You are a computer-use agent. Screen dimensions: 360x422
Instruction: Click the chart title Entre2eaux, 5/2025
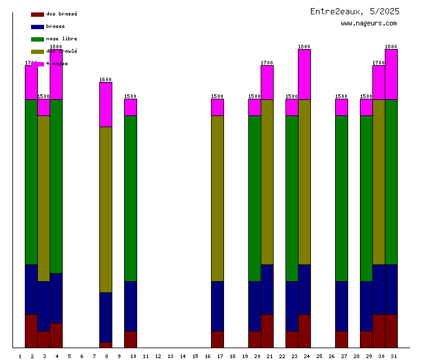[355, 11]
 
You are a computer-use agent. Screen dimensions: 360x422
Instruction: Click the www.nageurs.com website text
[369, 23]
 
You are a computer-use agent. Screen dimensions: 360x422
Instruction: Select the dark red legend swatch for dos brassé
[37, 14]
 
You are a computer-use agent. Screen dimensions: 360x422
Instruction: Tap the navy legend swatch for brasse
[37, 27]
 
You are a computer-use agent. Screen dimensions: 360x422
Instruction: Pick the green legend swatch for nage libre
[37, 39]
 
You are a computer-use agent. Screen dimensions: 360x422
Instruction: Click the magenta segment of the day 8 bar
[105, 104]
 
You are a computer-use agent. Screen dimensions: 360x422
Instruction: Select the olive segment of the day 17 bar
[217, 198]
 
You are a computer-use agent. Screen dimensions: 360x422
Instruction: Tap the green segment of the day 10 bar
[130, 198]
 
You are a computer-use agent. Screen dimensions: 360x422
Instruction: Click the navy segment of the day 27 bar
[341, 306]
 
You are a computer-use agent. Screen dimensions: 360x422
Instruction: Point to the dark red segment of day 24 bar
[304, 331]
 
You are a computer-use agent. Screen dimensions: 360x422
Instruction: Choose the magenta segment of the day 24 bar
[304, 74]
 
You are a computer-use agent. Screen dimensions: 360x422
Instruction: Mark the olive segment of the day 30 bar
[379, 182]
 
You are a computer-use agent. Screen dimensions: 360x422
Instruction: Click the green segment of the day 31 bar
[391, 182]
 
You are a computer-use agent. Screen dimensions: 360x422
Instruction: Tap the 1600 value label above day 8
[105, 79]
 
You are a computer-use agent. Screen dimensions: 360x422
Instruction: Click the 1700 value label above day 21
[267, 63]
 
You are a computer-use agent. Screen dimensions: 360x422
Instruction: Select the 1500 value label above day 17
[217, 96]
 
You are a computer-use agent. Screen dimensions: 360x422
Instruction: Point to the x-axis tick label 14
[182, 356]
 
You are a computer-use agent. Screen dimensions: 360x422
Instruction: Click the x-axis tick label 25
[319, 356]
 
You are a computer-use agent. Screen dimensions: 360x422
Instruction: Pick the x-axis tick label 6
[81, 356]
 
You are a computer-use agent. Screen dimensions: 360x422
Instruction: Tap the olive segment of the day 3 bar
[43, 198]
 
